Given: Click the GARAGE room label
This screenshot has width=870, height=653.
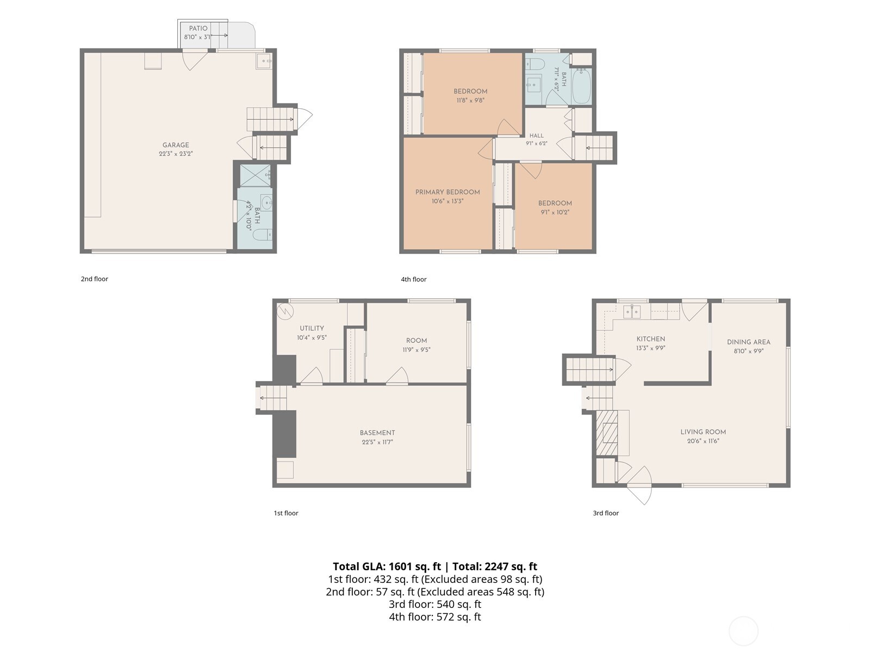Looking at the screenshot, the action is (x=176, y=145).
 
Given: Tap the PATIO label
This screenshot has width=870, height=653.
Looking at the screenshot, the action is (x=198, y=28).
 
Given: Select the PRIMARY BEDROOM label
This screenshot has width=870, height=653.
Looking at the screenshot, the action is (x=448, y=192).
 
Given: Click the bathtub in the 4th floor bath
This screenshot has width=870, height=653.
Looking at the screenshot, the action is (x=581, y=85).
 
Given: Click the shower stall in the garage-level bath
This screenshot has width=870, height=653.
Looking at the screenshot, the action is (x=255, y=175).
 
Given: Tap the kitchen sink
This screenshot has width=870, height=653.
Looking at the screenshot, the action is (x=632, y=312).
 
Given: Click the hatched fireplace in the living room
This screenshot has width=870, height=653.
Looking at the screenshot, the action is (x=607, y=433).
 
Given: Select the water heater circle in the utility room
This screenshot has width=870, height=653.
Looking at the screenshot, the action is (x=285, y=311).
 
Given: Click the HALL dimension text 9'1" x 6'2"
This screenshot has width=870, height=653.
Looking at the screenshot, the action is (x=536, y=144).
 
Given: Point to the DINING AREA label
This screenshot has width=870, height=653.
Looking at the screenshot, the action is (x=748, y=342).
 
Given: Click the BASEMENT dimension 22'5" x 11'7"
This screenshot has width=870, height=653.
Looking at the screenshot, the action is (x=377, y=442).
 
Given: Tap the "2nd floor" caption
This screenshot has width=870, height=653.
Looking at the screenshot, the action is (x=94, y=279).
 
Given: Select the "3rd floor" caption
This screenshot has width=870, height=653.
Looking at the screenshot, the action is (x=606, y=513).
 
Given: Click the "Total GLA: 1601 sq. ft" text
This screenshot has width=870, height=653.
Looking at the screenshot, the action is (x=387, y=566).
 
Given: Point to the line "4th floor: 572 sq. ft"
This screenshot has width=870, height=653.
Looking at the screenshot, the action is (x=435, y=617).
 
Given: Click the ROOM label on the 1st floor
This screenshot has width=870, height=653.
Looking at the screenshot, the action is (x=416, y=341).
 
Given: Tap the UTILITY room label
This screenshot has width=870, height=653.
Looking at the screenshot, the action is (x=312, y=328).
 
